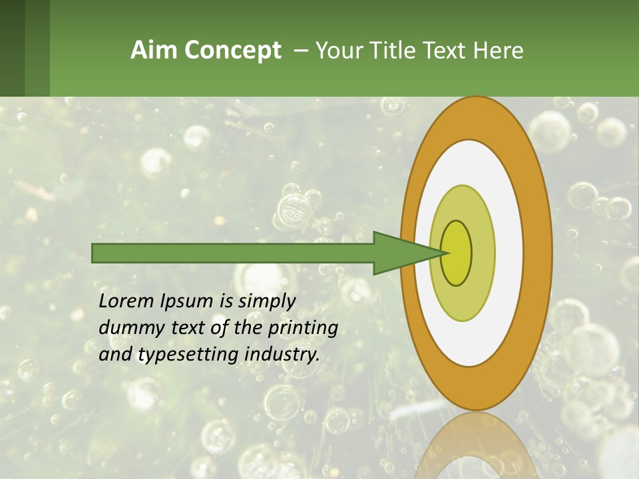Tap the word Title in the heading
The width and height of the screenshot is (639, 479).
[398, 51]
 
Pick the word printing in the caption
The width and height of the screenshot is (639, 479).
[302, 329]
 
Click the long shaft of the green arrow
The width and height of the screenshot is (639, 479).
[233, 253]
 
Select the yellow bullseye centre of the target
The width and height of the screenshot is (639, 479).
[457, 253]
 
